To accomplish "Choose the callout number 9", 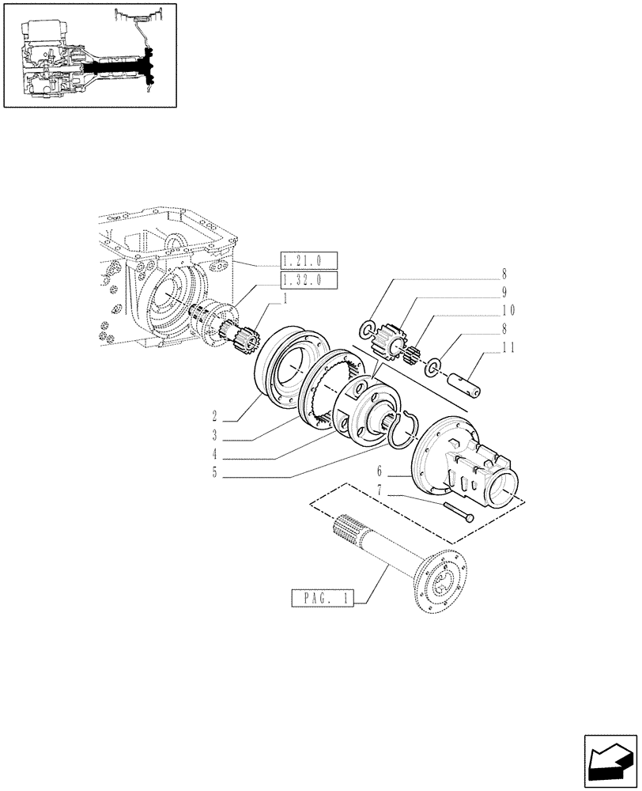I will pyautogui.click(x=504, y=291).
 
